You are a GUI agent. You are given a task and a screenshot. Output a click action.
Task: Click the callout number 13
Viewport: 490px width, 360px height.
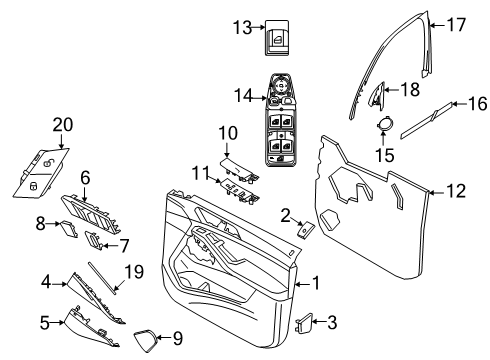pos(242,27)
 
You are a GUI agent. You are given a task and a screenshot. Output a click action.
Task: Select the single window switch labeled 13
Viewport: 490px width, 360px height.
pos(277,38)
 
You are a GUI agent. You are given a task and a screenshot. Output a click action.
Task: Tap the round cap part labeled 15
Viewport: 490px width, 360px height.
pos(385,123)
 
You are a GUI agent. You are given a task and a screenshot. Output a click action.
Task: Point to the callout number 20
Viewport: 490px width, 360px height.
pos(63,125)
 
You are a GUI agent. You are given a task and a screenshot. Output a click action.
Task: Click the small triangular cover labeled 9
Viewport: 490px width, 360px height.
pos(145,339)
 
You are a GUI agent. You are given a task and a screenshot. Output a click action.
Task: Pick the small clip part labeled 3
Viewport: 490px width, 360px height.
pos(304,322)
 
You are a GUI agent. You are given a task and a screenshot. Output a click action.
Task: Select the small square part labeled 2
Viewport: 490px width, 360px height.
pos(306,229)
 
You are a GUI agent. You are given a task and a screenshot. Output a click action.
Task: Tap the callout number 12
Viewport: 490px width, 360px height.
pos(456,191)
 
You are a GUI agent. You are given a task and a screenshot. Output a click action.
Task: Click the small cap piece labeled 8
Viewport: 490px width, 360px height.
pos(68,229)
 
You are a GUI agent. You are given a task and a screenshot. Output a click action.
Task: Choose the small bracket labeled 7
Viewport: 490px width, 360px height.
pos(93,240)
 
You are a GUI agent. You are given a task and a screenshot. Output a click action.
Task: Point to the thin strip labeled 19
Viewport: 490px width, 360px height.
pos(102,278)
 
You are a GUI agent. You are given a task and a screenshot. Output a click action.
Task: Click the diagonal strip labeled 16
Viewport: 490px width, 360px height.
pos(427,119)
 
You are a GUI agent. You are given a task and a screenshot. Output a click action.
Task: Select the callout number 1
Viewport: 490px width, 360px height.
pos(315,283)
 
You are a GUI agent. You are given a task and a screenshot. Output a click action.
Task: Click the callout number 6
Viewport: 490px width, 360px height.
pos(85,177)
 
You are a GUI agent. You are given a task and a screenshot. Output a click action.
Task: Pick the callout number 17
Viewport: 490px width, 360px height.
pos(456,25)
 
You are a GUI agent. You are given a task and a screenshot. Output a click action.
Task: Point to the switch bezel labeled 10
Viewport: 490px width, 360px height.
pos(239,170)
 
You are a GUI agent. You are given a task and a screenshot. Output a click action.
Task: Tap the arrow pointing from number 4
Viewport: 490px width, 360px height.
pos(59,284)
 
